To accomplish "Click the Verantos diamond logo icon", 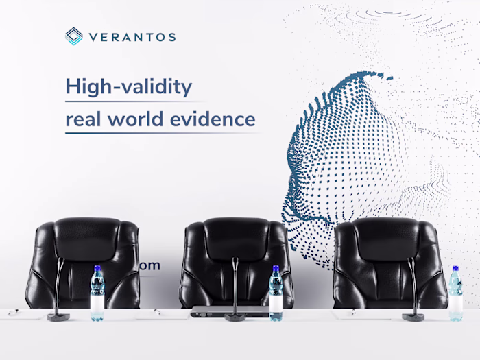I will (73, 36).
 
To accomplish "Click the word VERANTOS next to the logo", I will (131, 37).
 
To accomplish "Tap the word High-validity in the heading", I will (128, 87).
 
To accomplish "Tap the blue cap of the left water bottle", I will (97, 269).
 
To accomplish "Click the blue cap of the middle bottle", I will (276, 269).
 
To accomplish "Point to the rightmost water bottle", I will (455, 295).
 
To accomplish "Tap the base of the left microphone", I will (58, 317).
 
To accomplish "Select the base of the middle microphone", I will (237, 317).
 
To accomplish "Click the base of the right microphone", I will (413, 317).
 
